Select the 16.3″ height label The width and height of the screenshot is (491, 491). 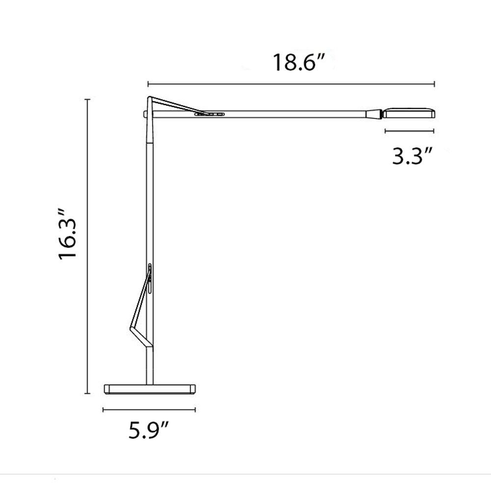tap(67, 233)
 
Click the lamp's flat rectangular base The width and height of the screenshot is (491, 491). tap(150, 389)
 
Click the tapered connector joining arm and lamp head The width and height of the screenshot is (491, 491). tap(374, 114)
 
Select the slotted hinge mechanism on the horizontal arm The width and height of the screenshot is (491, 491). tap(209, 114)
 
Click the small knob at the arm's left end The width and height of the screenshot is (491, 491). tap(145, 114)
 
